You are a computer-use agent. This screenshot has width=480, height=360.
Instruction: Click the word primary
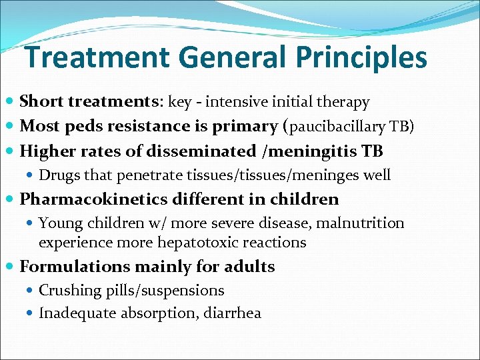click(x=241, y=127)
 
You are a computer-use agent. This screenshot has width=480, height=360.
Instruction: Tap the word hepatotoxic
click(x=190, y=243)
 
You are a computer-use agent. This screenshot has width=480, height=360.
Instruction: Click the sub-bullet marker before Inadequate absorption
click(x=31, y=313)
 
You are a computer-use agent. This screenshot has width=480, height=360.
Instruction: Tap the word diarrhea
click(x=234, y=313)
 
